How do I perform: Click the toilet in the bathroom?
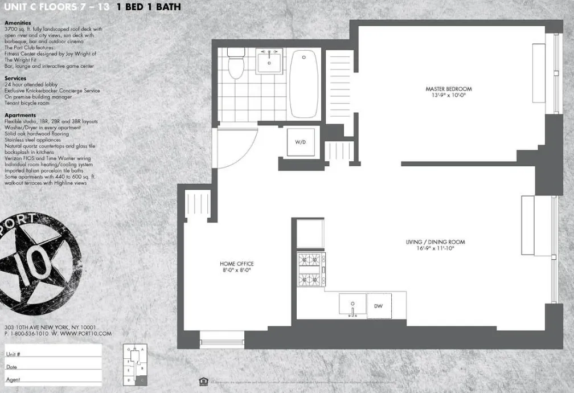click(235, 64)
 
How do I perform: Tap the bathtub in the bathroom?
click(305, 83)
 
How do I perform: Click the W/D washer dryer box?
click(301, 141)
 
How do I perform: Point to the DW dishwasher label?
click(378, 306)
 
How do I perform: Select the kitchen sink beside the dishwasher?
click(352, 305)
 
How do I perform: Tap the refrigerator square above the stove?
click(310, 234)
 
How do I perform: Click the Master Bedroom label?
click(448, 89)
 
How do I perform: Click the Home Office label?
click(236, 264)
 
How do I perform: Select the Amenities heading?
click(17, 23)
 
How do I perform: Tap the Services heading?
click(15, 78)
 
